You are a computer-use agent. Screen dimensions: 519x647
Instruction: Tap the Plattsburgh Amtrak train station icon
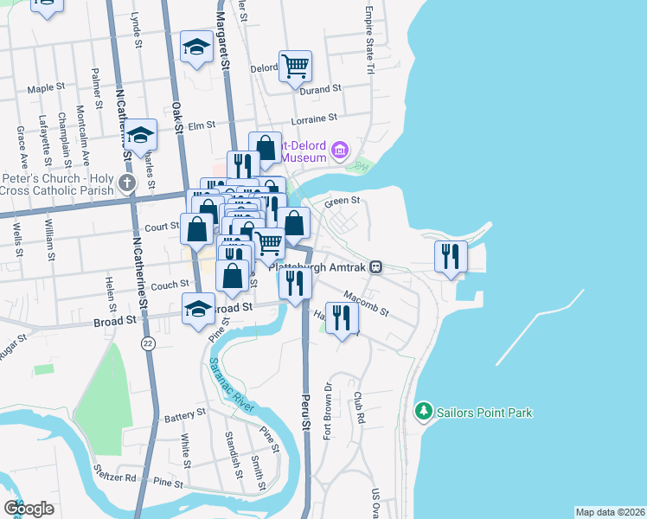pyautogui.click(x=376, y=267)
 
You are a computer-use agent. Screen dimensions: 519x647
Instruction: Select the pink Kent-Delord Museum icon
pyautogui.click(x=339, y=152)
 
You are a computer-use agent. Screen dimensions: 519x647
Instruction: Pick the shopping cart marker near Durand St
pyautogui.click(x=295, y=66)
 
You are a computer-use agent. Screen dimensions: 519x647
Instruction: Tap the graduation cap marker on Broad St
pyautogui.click(x=198, y=308)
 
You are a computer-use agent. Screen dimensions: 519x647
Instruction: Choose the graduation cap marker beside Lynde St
pyautogui.click(x=196, y=47)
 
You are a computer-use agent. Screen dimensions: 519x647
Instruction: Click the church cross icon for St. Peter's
pyautogui.click(x=128, y=183)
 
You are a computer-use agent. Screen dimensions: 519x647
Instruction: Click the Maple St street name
pyautogui.click(x=47, y=87)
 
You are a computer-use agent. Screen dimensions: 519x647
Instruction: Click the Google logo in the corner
pyautogui.click(x=29, y=509)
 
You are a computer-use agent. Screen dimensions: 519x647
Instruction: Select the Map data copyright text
pyautogui.click(x=609, y=512)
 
